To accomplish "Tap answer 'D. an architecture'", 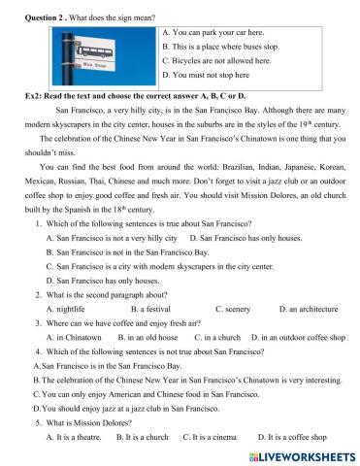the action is point(308,308).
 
